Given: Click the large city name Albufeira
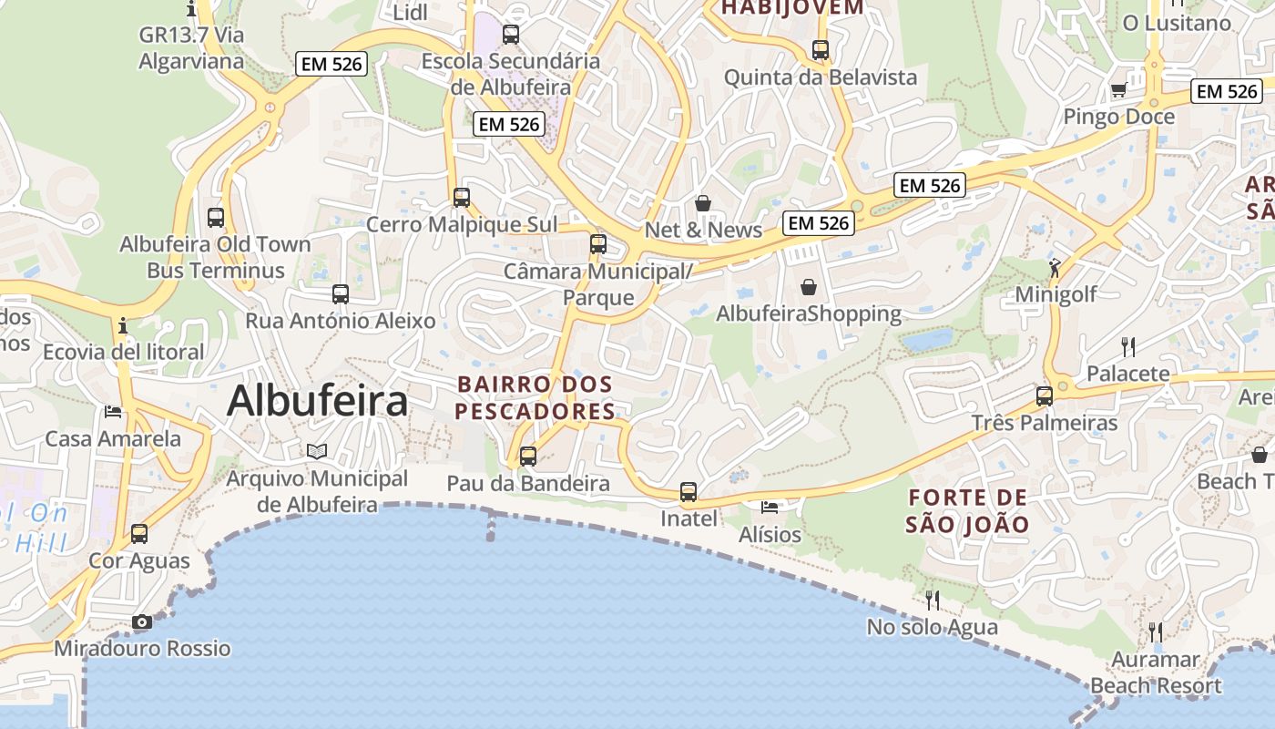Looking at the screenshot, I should point(317,401).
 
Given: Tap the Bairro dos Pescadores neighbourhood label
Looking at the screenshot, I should point(535,397).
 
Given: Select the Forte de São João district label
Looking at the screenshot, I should point(967,511).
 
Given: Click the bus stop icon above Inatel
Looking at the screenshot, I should point(688,492).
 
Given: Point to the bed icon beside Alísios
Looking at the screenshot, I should point(770,507).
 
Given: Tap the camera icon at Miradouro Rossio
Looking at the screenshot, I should point(142,622).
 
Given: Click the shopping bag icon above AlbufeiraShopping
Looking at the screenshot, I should point(809,288).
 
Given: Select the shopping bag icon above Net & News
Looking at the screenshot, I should point(702,203).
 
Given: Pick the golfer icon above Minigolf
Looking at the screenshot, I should point(1055,268).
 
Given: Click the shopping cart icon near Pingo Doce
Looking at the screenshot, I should point(1118,89).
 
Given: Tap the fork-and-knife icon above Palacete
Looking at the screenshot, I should point(1128,346).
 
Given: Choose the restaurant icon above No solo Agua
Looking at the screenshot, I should point(932,600).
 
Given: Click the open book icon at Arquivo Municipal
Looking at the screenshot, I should point(316,451).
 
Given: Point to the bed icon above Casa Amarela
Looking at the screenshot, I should point(113,412).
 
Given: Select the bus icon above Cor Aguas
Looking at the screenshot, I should point(139,534).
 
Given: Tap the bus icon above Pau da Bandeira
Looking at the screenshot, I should point(528,457).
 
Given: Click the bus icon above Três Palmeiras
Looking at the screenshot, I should point(1045,396).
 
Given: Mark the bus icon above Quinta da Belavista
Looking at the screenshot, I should point(821,50).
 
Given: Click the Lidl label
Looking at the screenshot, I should point(410,12).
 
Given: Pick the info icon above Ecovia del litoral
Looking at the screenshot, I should point(123,325).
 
